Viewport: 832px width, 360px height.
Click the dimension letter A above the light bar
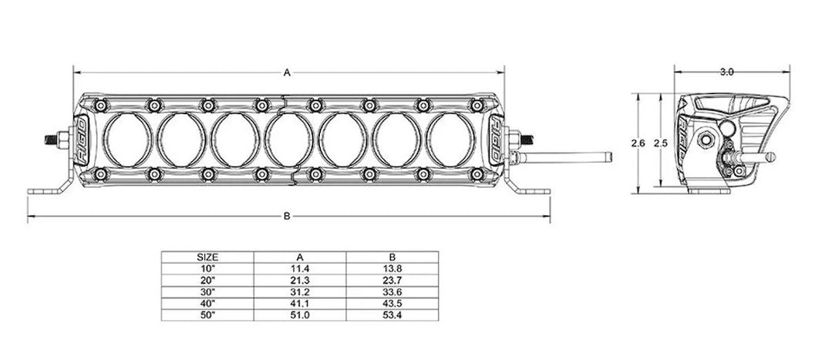click(286, 73)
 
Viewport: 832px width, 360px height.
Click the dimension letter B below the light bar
click(286, 217)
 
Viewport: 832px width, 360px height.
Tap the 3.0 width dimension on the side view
click(726, 72)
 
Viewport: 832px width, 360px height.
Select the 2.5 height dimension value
click(658, 143)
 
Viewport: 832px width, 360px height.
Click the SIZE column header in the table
click(207, 257)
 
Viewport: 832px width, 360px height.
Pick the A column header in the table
click(300, 257)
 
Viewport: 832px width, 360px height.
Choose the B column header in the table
click(392, 257)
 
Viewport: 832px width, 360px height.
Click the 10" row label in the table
click(207, 267)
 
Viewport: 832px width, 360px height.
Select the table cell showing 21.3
click(300, 279)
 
